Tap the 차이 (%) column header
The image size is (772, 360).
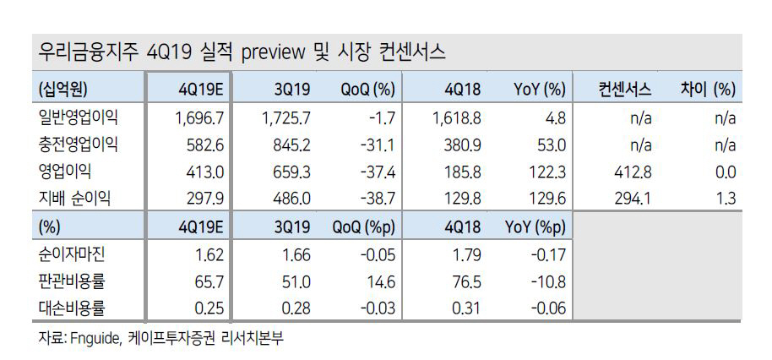click(x=708, y=90)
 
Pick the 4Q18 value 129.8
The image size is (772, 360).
click(x=463, y=198)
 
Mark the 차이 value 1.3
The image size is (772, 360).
click(x=725, y=198)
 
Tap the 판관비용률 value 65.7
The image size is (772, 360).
click(x=208, y=281)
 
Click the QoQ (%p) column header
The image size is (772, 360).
click(x=364, y=228)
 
